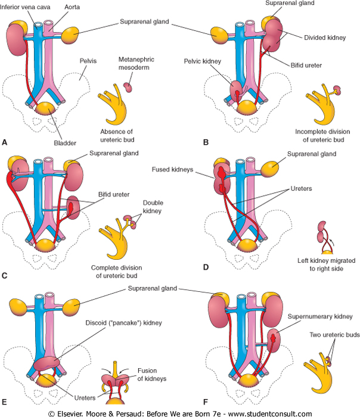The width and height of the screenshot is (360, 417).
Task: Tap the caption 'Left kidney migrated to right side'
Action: pyautogui.click(x=325, y=265)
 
